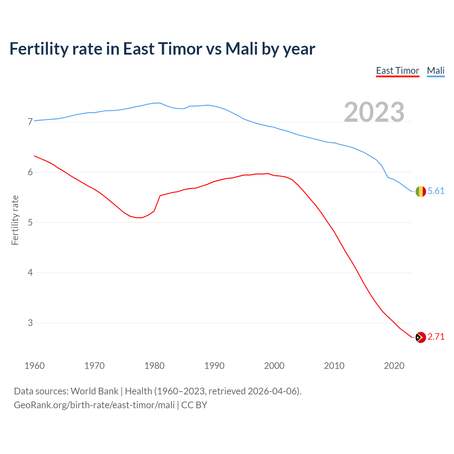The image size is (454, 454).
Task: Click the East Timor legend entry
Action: click(x=398, y=71)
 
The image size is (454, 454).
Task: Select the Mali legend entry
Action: click(x=436, y=71)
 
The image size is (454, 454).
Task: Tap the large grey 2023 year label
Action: click(x=374, y=112)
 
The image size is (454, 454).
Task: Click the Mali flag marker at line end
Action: click(x=420, y=192)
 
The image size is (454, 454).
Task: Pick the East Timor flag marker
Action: click(x=420, y=337)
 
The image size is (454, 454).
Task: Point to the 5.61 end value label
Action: click(x=436, y=191)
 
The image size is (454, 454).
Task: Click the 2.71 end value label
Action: click(x=436, y=337)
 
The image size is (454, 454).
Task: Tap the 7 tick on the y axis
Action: click(x=30, y=122)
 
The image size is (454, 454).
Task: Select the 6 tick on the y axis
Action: click(x=30, y=172)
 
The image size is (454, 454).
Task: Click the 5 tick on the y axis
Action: click(x=30, y=223)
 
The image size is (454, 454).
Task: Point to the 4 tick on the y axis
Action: click(x=30, y=273)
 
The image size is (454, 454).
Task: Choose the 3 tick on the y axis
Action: click(x=30, y=323)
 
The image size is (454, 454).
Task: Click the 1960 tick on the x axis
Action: click(x=34, y=366)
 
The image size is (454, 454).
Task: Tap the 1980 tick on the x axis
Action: click(x=154, y=366)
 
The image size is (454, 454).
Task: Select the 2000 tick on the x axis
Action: click(x=274, y=366)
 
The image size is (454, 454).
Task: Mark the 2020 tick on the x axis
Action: click(x=394, y=366)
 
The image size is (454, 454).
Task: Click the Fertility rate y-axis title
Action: click(x=15, y=220)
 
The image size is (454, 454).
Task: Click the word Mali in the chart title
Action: click(x=242, y=49)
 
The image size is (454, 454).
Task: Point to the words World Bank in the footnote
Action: click(x=94, y=391)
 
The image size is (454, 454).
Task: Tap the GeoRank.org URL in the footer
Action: click(x=94, y=405)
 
